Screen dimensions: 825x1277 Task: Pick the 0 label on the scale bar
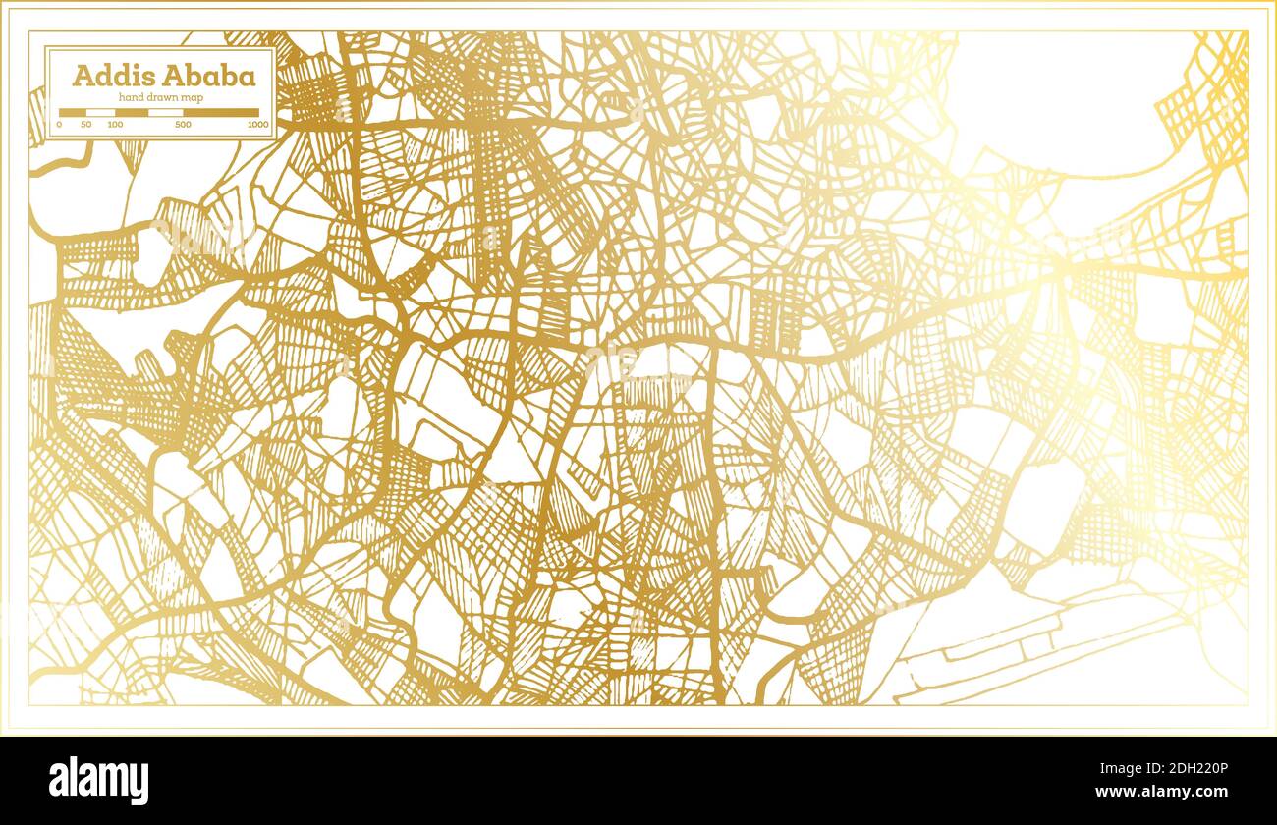(x=59, y=125)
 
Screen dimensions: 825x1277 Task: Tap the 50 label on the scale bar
(x=86, y=125)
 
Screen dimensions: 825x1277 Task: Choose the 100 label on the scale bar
(x=115, y=125)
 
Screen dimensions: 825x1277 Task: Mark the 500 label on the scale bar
(x=183, y=125)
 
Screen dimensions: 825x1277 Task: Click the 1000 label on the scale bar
(x=258, y=125)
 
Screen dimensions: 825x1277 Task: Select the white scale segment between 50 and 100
(x=101, y=113)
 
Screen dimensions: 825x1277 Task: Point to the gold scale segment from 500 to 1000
(x=221, y=113)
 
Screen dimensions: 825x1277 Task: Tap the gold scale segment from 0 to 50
(x=73, y=113)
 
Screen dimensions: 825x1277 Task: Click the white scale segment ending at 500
(x=165, y=113)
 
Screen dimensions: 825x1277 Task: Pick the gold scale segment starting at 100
(x=132, y=113)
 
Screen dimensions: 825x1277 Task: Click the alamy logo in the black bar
(x=99, y=781)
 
